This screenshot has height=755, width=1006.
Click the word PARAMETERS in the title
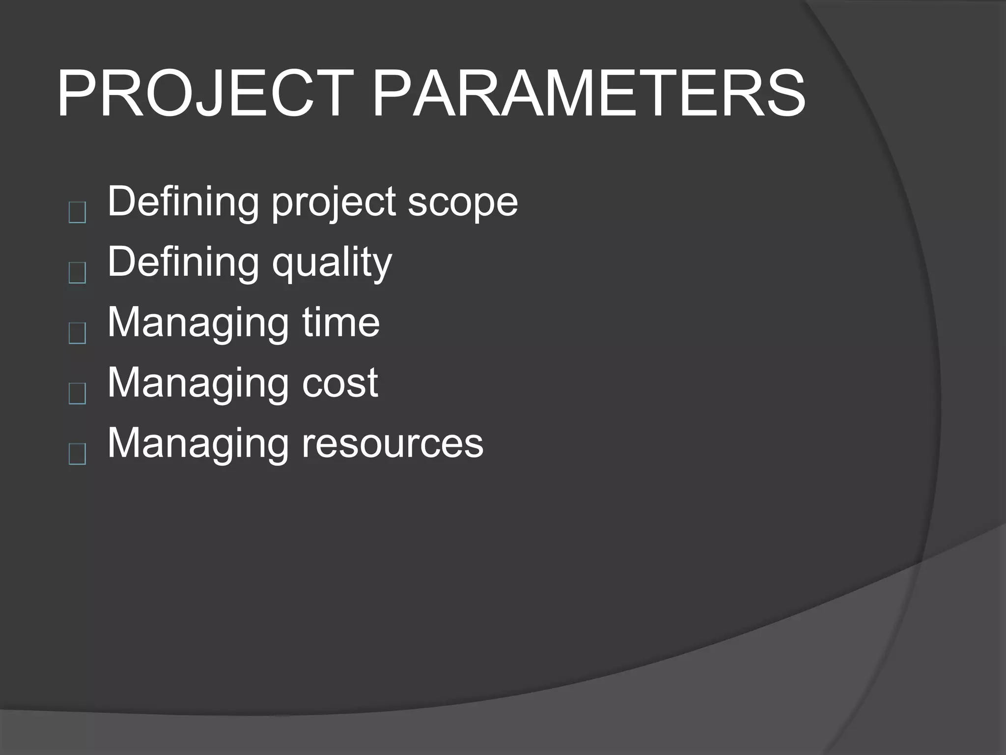tap(588, 93)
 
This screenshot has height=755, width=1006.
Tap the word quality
tap(332, 263)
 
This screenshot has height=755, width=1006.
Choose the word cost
tap(340, 383)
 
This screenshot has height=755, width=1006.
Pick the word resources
tap(392, 443)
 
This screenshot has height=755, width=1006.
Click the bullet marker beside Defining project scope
tap(78, 213)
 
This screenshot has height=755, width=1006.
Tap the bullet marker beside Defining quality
tap(78, 273)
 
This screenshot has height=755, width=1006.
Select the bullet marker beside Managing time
tap(78, 333)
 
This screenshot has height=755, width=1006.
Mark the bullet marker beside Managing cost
tap(78, 394)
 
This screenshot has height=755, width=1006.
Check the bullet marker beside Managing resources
tap(78, 454)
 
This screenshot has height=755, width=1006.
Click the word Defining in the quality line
tap(183, 262)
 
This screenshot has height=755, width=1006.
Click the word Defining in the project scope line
tap(183, 202)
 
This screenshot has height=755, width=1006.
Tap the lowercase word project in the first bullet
tap(334, 203)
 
